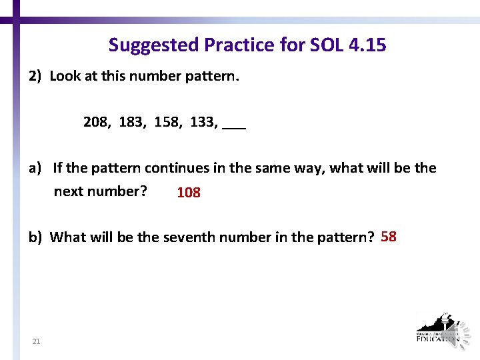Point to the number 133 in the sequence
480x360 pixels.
[203, 123]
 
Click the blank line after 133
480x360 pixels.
[235, 127]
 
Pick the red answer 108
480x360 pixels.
[189, 193]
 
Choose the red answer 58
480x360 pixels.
[389, 237]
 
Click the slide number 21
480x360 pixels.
[36, 342]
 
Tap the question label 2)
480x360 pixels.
[35, 76]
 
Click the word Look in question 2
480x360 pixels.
[65, 76]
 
